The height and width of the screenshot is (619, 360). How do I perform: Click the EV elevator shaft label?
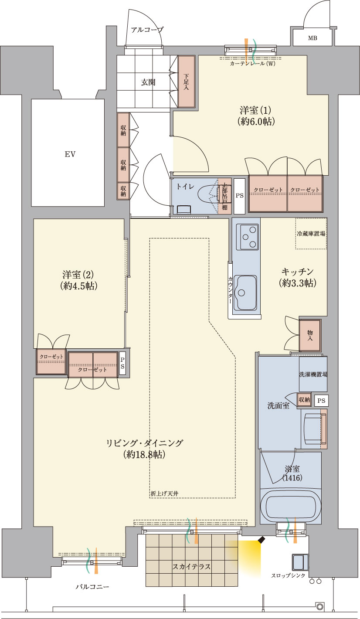coord(70,154)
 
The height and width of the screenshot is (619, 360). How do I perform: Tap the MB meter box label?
coord(312,38)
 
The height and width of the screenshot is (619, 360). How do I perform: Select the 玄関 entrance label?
coord(148,82)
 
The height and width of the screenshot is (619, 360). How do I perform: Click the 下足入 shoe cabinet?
coord(187,82)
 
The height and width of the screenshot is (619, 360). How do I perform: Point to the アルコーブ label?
coord(147,30)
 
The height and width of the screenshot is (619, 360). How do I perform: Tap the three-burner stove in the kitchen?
coord(248,237)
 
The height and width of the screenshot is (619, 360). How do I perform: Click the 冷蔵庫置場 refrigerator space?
coord(311,233)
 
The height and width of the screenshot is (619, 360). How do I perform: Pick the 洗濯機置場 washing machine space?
coord(313,374)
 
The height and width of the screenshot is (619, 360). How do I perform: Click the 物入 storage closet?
coord(310,336)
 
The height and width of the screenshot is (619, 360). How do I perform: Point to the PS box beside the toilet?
coord(240,196)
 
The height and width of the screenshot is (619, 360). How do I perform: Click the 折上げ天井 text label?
coord(165,493)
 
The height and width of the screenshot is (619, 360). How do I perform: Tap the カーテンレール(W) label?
coord(252,64)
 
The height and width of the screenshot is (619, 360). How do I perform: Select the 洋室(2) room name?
coord(78,275)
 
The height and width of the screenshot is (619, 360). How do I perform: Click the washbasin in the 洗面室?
coord(312,429)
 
